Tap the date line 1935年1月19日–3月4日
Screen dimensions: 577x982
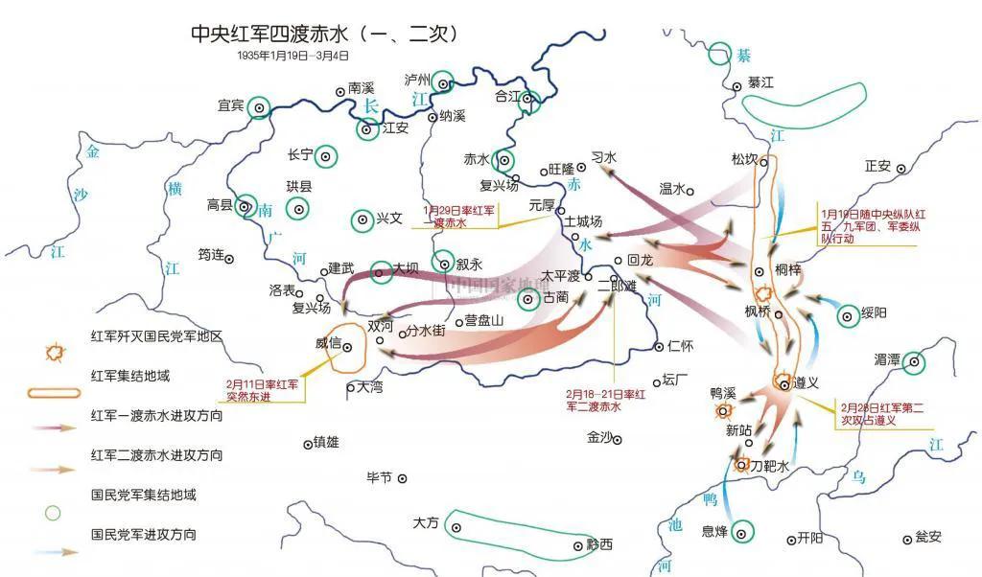click(x=293, y=57)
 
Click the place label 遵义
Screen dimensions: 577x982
click(x=807, y=381)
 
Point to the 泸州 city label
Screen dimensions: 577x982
click(x=418, y=80)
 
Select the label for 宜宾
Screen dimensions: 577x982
click(x=231, y=105)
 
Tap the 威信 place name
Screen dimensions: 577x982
click(x=328, y=343)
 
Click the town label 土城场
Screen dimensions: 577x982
click(x=583, y=221)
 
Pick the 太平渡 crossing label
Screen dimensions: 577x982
click(x=560, y=275)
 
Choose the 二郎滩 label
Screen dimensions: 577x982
click(x=617, y=285)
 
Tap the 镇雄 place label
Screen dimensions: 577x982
click(x=324, y=443)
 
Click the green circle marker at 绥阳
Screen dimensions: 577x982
click(x=848, y=314)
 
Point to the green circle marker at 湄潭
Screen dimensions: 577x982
click(x=915, y=361)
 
